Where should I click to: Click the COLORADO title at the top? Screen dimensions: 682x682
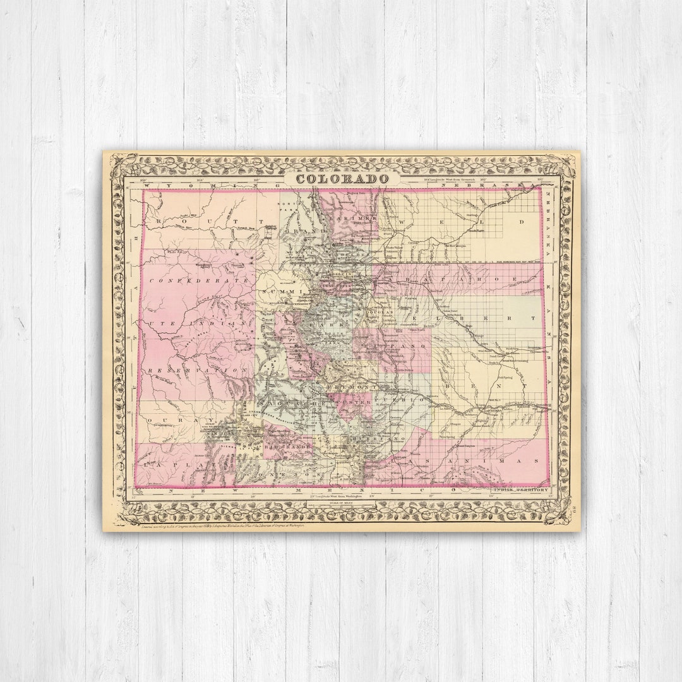tap(342, 179)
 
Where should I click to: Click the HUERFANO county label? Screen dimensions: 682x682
tap(380, 438)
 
